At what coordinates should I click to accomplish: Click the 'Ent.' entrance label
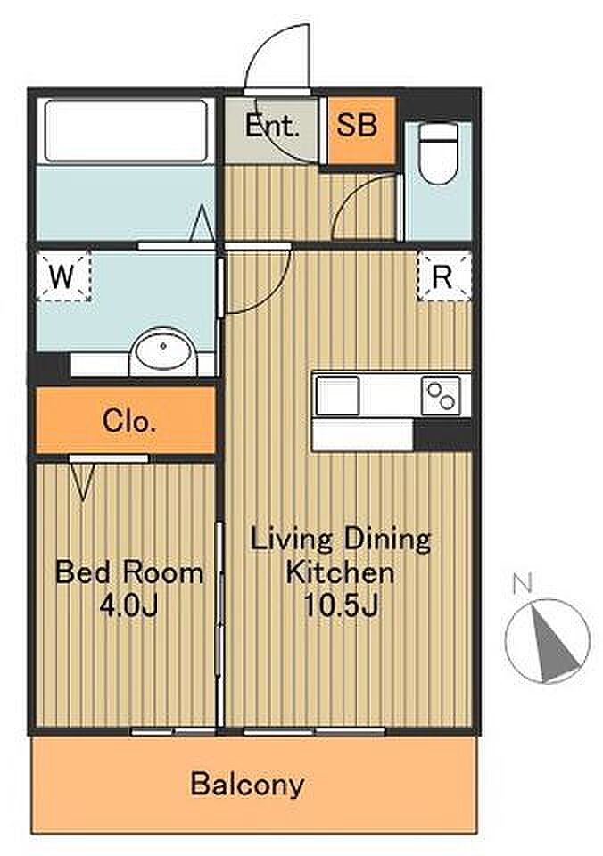tap(271, 126)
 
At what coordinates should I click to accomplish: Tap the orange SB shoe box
tap(361, 130)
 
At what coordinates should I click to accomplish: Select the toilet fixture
tap(438, 154)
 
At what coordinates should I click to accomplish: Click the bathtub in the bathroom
tap(126, 130)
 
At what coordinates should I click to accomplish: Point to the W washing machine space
tap(62, 276)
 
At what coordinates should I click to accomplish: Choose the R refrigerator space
tap(443, 276)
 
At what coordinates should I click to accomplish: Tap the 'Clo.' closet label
tap(129, 421)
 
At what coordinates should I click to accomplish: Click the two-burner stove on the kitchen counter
tap(441, 396)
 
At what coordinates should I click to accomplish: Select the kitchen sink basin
tap(337, 396)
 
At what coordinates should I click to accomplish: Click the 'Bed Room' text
tap(129, 572)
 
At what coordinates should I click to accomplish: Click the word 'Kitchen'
tap(340, 572)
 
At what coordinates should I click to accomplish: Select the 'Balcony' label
tap(247, 785)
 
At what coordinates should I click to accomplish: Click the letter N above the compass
tap(523, 585)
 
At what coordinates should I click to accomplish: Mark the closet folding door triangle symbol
tap(84, 481)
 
